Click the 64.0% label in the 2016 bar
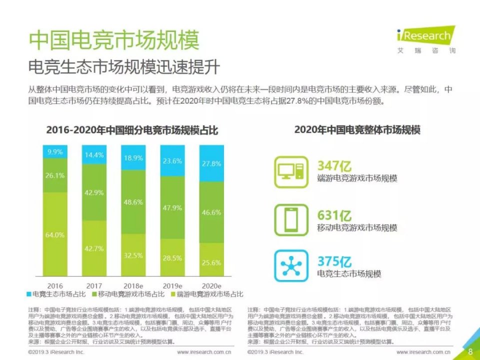coord(55,234)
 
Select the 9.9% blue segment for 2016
coord(55,151)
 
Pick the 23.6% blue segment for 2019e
coord(172,161)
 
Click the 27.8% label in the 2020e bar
coord(211,163)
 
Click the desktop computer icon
coord(291,171)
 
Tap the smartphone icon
coord(291,219)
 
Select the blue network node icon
coord(291,265)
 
